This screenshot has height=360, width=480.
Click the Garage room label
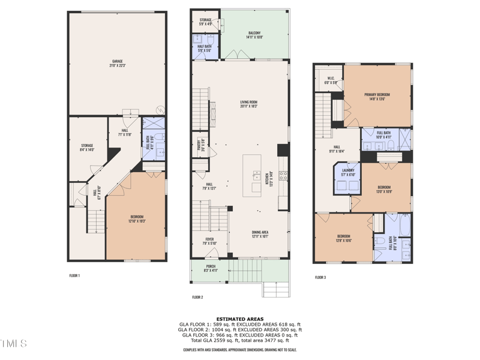117,63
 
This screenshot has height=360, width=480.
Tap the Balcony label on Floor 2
254,35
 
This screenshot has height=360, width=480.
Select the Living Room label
248,104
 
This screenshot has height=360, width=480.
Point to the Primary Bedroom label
377,97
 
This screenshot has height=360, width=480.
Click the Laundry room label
348,172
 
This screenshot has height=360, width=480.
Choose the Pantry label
201,144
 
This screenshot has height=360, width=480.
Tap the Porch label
210,269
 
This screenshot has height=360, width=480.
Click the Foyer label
210,241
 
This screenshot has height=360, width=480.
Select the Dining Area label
260,234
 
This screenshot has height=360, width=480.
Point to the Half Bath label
205,48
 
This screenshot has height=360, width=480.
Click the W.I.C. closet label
331,80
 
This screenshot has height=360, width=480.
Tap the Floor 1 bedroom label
137,219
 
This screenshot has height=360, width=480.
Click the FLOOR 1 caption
74,275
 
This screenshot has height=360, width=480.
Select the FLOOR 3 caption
321,277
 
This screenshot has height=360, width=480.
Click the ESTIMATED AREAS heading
240,319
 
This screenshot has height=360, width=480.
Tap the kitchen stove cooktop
283,176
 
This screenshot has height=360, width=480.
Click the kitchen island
252,175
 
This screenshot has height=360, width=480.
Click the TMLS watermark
13,344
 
